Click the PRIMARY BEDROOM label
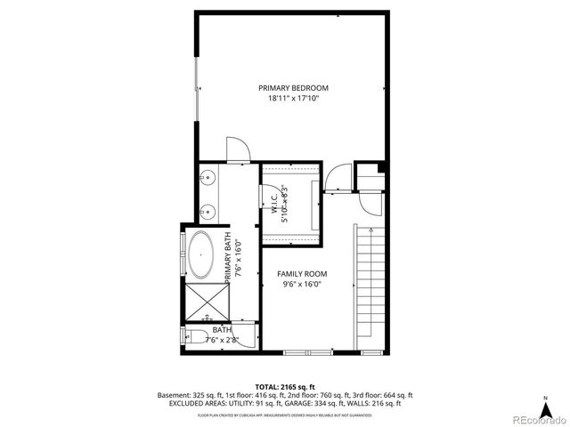pyautogui.click(x=294, y=87)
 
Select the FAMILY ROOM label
pyautogui.click(x=302, y=274)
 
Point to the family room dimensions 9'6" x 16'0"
pyautogui.click(x=302, y=285)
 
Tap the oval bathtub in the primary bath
pyautogui.click(x=201, y=255)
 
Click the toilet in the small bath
pyautogui.click(x=194, y=336)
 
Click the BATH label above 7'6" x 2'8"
pyautogui.click(x=221, y=329)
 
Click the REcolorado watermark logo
pyautogui.click(x=536, y=418)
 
